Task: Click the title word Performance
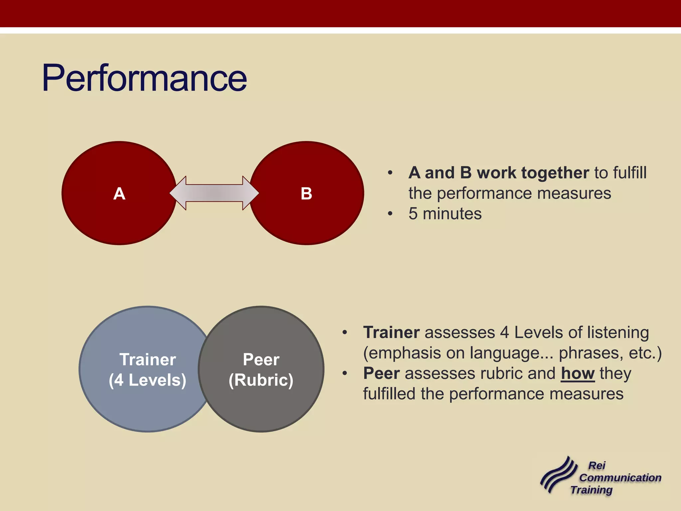pyautogui.click(x=144, y=78)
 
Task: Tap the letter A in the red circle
pyautogui.click(x=119, y=194)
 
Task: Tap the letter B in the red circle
pyautogui.click(x=306, y=194)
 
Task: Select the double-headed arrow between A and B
pyautogui.click(x=214, y=193)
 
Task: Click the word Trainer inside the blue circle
pyautogui.click(x=148, y=360)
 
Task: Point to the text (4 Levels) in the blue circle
pyautogui.click(x=148, y=380)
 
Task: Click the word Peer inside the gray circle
pyautogui.click(x=261, y=360)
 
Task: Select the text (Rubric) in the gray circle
pyautogui.click(x=261, y=380)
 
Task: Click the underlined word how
pyautogui.click(x=578, y=373)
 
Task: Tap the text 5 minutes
pyautogui.click(x=445, y=214)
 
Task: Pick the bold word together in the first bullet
pyautogui.click(x=555, y=173)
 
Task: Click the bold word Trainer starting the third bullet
pyautogui.click(x=391, y=332)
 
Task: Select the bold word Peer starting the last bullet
pyautogui.click(x=381, y=373)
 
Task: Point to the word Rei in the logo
pyautogui.click(x=597, y=465)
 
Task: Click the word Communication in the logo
pyautogui.click(x=620, y=478)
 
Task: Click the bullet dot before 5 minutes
pyautogui.click(x=390, y=214)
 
